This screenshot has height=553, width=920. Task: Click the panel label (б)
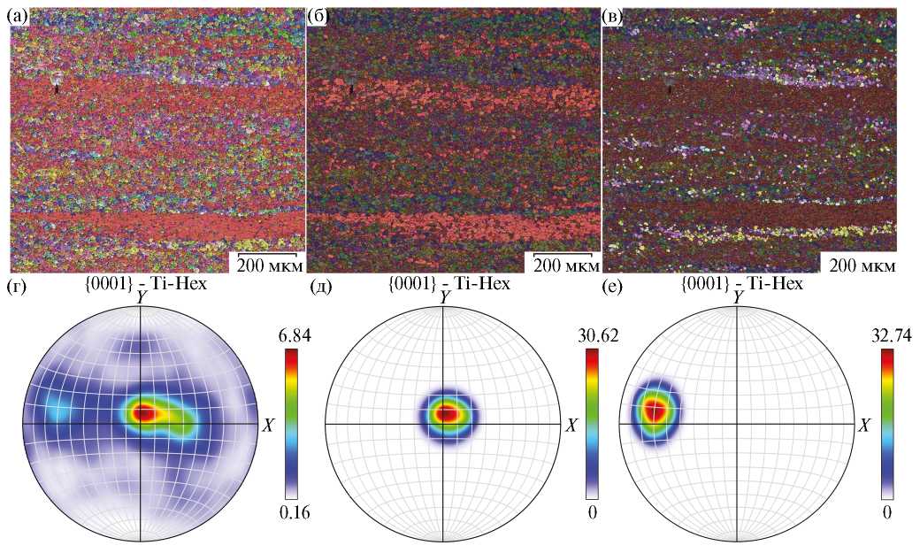(318, 16)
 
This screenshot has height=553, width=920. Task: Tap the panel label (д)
(320, 286)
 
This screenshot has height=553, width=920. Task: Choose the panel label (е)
(615, 286)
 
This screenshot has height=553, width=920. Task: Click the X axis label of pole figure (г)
(268, 426)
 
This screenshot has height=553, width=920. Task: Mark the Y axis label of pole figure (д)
(442, 299)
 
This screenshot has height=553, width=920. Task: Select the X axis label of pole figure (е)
(865, 426)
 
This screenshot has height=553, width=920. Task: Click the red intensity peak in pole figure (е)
(655, 410)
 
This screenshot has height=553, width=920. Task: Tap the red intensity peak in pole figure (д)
(448, 413)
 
